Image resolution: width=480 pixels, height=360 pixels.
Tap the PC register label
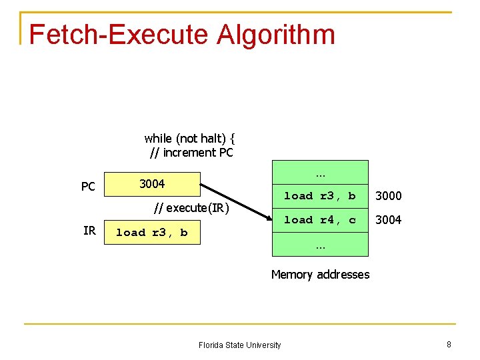click(88, 187)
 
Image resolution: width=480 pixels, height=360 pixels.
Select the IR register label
click(89, 231)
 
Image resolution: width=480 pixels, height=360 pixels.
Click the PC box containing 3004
click(152, 183)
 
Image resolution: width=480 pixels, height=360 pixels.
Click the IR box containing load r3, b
click(152, 233)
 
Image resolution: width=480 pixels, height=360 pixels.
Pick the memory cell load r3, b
click(320, 196)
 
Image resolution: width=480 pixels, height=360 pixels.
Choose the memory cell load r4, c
click(320, 220)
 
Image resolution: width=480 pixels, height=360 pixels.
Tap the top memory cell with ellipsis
click(320, 173)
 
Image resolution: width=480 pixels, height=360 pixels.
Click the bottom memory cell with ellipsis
click(320, 245)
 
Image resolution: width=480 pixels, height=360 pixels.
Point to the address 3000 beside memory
click(388, 196)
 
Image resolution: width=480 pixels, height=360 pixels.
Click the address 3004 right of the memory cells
click(388, 220)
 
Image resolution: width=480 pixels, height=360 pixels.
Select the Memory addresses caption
click(320, 275)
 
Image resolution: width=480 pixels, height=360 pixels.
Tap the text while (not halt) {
click(189, 139)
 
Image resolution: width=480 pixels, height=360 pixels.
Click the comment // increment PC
click(191, 153)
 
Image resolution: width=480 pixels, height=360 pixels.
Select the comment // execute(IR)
click(191, 208)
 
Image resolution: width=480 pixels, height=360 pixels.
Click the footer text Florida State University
click(239, 345)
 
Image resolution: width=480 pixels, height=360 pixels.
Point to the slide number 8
click(449, 344)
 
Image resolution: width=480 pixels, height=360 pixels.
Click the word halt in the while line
click(211, 139)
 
